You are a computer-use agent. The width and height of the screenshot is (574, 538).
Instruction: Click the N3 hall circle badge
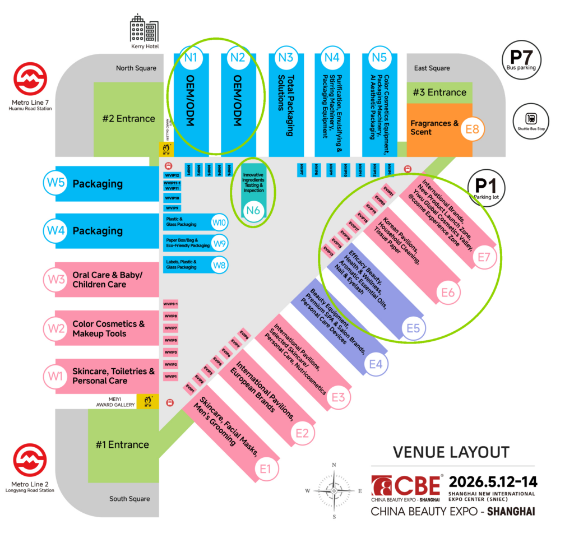click(285, 57)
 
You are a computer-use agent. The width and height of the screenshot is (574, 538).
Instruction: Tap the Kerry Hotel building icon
click(144, 28)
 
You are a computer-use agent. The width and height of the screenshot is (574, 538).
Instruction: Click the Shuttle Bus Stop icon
click(530, 119)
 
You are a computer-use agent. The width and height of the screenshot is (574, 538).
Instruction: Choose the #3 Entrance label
click(439, 92)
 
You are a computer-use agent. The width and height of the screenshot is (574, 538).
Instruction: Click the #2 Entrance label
click(128, 118)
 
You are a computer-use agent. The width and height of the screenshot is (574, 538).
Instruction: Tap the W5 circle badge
click(54, 184)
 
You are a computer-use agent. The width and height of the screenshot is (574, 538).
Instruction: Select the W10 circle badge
click(219, 222)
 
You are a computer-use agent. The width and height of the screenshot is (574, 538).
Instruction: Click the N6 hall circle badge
click(253, 211)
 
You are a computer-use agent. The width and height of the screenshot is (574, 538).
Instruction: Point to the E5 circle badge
click(413, 328)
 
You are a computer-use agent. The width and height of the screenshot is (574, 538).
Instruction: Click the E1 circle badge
click(266, 468)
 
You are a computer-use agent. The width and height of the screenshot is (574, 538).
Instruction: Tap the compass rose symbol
click(334, 490)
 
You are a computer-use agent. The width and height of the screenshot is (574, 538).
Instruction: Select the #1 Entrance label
click(122, 444)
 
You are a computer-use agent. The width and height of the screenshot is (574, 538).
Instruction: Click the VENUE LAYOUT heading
click(451, 452)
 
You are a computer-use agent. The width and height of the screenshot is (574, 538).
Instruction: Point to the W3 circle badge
click(54, 279)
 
